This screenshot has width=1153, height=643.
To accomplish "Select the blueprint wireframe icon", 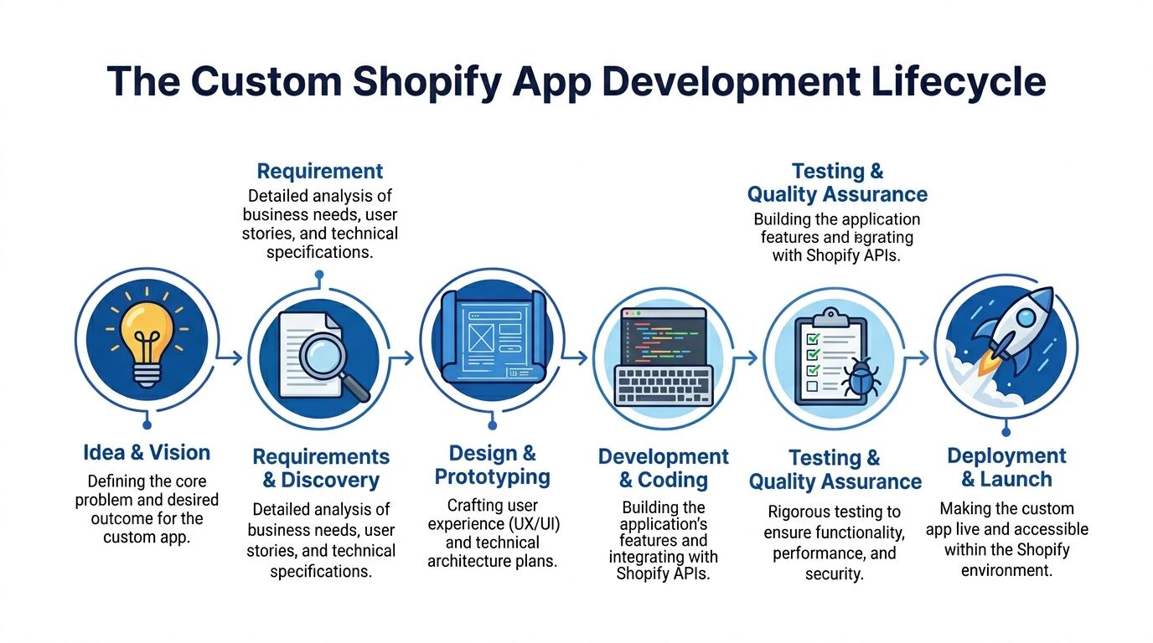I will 491,339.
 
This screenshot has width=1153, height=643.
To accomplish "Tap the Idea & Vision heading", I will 147,453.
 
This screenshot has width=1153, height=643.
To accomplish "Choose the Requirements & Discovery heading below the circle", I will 321,468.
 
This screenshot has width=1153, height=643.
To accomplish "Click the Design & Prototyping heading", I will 492,466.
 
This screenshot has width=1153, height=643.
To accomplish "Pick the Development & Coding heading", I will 663,468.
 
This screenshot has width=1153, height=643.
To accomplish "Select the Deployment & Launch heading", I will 1006,467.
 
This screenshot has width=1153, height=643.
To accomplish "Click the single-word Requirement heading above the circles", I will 319,172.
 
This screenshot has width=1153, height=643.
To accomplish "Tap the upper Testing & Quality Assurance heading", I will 837,183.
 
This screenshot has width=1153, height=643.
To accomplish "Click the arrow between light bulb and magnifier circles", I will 230,358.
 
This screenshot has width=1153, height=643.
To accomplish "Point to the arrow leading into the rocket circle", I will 918,358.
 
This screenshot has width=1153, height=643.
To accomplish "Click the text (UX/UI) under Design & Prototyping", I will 530,524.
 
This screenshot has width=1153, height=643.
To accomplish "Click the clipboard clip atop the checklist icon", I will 830,317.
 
